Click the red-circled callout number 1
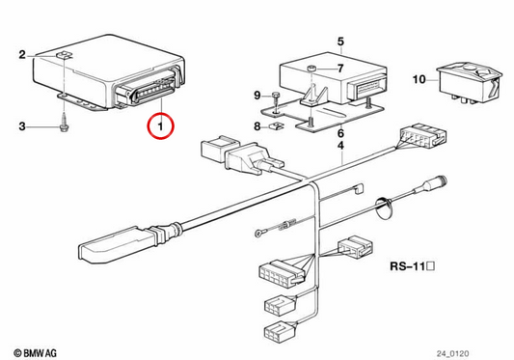[x=160, y=126]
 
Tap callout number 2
[x=22, y=54]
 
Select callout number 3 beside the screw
[x=22, y=126]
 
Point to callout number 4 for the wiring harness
[x=341, y=146]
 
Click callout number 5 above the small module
[x=341, y=42]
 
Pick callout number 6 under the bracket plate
[x=341, y=133]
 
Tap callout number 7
[x=341, y=69]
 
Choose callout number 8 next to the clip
[x=257, y=126]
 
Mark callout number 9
[x=257, y=96]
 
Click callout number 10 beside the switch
[x=419, y=79]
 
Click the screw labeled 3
[x=64, y=124]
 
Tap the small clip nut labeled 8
[x=276, y=125]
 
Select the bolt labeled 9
[x=276, y=100]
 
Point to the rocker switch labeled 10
[x=470, y=83]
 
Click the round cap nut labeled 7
[x=311, y=69]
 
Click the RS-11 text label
[x=413, y=266]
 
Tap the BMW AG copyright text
[x=35, y=353]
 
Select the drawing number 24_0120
[x=452, y=353]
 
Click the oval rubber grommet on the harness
[x=383, y=209]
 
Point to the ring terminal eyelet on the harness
[x=258, y=234]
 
